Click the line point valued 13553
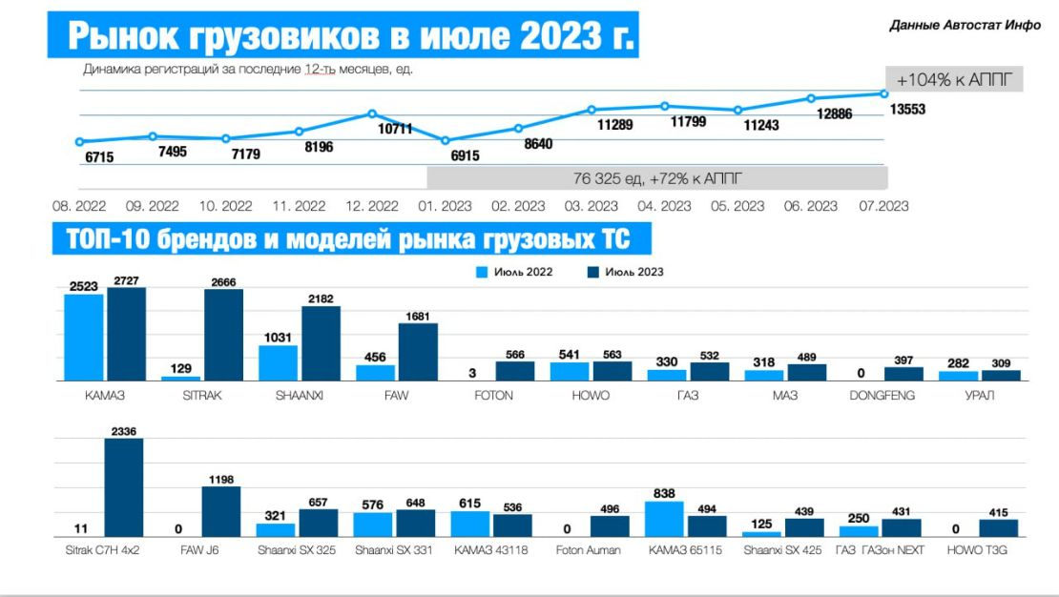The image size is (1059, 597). click(884, 93)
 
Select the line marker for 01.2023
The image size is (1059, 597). click(446, 140)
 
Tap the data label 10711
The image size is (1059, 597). click(393, 129)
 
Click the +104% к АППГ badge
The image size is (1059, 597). click(954, 79)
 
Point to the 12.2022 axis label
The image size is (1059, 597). click(371, 206)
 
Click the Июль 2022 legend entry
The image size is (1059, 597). click(516, 272)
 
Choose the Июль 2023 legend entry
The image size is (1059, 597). click(626, 272)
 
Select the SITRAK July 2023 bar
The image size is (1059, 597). click(223, 335)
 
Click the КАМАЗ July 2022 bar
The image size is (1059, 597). click(84, 337)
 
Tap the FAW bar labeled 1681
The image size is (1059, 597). click(418, 352)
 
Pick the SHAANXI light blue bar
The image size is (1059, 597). click(279, 362)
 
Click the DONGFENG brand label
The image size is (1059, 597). click(882, 395)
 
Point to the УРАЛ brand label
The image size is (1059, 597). click(979, 395)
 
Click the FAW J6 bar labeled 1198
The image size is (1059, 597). click(221, 512)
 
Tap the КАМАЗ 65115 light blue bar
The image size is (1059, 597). click(664, 520)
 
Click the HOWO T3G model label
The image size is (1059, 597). click(978, 550)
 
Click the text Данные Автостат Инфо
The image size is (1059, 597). click(965, 26)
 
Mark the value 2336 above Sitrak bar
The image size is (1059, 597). click(124, 431)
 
